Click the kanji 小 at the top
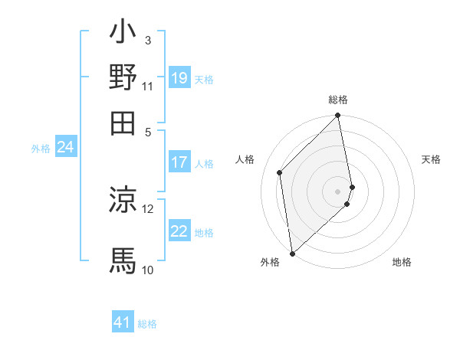(x=123, y=34)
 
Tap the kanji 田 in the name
(x=123, y=121)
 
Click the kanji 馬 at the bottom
(x=123, y=260)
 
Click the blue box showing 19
(x=179, y=78)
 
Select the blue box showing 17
(x=179, y=162)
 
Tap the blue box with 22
(x=179, y=231)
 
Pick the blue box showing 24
(x=65, y=148)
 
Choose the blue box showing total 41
(x=123, y=322)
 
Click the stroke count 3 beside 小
(x=148, y=40)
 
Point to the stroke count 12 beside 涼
(x=148, y=208)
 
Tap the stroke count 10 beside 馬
(x=148, y=270)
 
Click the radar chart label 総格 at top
(x=338, y=100)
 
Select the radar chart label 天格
(x=431, y=159)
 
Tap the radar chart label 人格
(x=245, y=159)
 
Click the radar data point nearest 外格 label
(x=292, y=254)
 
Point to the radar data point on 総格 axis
(x=338, y=116)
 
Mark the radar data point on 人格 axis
(x=280, y=172)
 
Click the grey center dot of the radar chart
(x=338, y=191)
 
